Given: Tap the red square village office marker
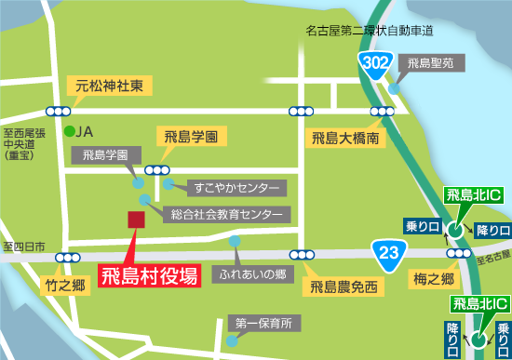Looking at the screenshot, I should coord(136,220).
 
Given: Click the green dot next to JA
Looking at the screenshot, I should coord(69,131).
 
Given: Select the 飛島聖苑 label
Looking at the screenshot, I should coord(429,64).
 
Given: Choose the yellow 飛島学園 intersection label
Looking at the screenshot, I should coord(191,137).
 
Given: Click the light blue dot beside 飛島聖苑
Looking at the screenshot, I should coord(395,89).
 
